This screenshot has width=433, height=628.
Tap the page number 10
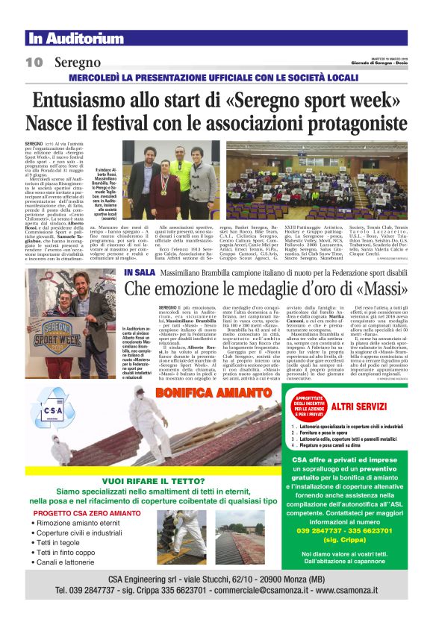point(34,63)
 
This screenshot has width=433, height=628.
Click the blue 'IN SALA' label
point(140,273)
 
